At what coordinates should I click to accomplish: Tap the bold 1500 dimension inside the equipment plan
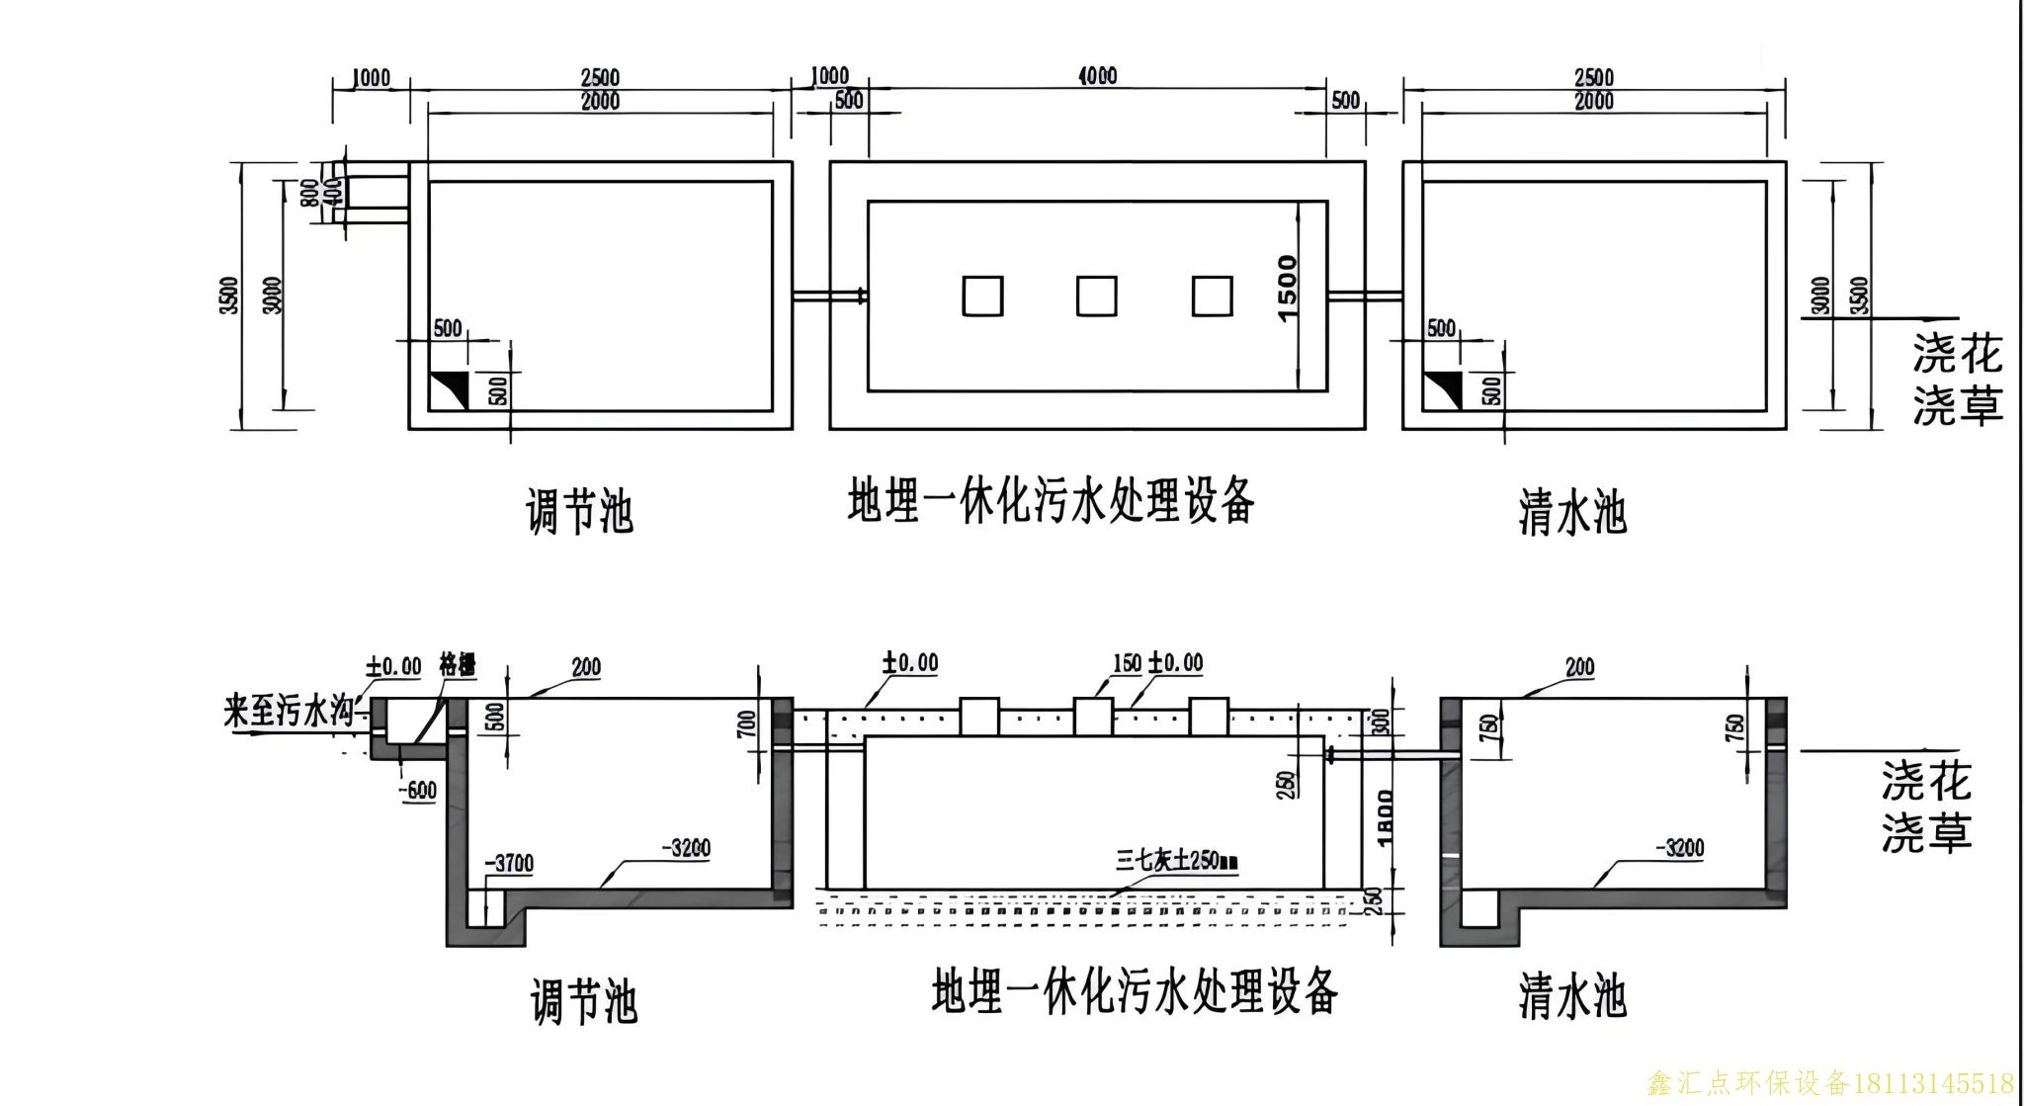pos(1287,288)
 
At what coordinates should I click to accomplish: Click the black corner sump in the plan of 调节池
pos(449,388)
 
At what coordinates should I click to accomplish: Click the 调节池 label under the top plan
pos(579,512)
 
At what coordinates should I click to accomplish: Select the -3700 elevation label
pos(509,865)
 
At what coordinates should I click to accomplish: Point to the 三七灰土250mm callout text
pos(1176,860)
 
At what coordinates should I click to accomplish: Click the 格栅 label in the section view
pos(457,665)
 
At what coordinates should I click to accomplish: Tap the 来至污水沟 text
pos(288,713)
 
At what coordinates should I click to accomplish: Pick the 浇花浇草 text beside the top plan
pos(1957,380)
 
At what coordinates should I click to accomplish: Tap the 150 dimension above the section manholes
pos(1127,663)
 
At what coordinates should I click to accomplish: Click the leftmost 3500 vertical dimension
pos(230,295)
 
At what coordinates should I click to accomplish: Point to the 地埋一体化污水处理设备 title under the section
pos(1135,991)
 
